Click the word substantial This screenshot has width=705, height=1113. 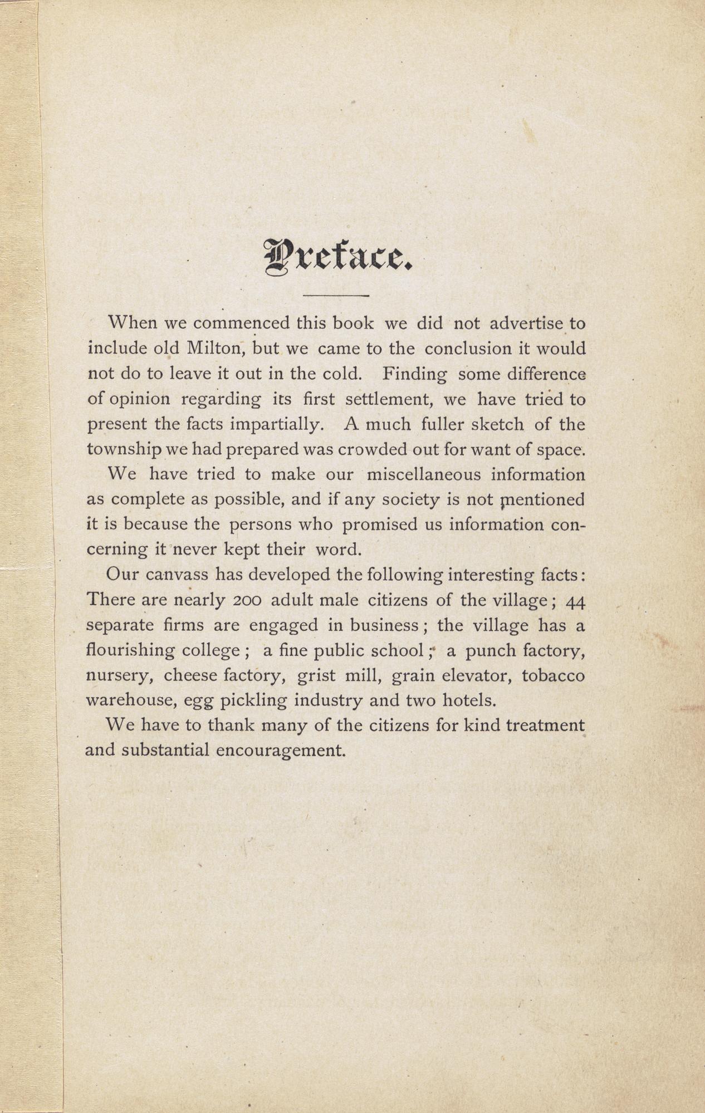165,750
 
